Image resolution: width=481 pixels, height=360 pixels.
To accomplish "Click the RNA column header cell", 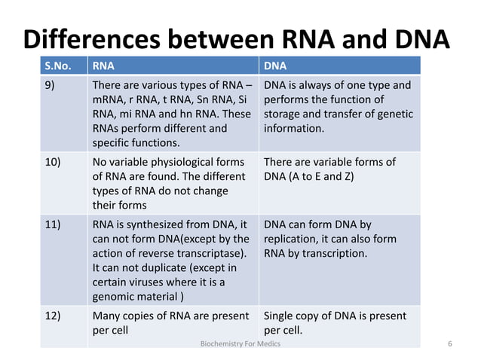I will tap(103, 65).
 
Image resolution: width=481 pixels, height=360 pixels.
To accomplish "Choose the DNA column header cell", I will tap(275, 65).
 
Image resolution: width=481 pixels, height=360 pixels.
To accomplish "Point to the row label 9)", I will tap(49, 85).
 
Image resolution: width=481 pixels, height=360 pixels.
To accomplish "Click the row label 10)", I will tap(52, 163).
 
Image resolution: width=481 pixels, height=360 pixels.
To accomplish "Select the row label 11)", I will tap(52, 224).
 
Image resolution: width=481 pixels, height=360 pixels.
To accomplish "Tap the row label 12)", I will tap(52, 316).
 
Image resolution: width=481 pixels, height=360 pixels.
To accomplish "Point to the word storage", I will tap(283, 114).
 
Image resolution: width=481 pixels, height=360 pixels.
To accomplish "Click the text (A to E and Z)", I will tap(332, 177).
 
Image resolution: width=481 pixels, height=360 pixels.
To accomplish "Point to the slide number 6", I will tap(449, 344).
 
